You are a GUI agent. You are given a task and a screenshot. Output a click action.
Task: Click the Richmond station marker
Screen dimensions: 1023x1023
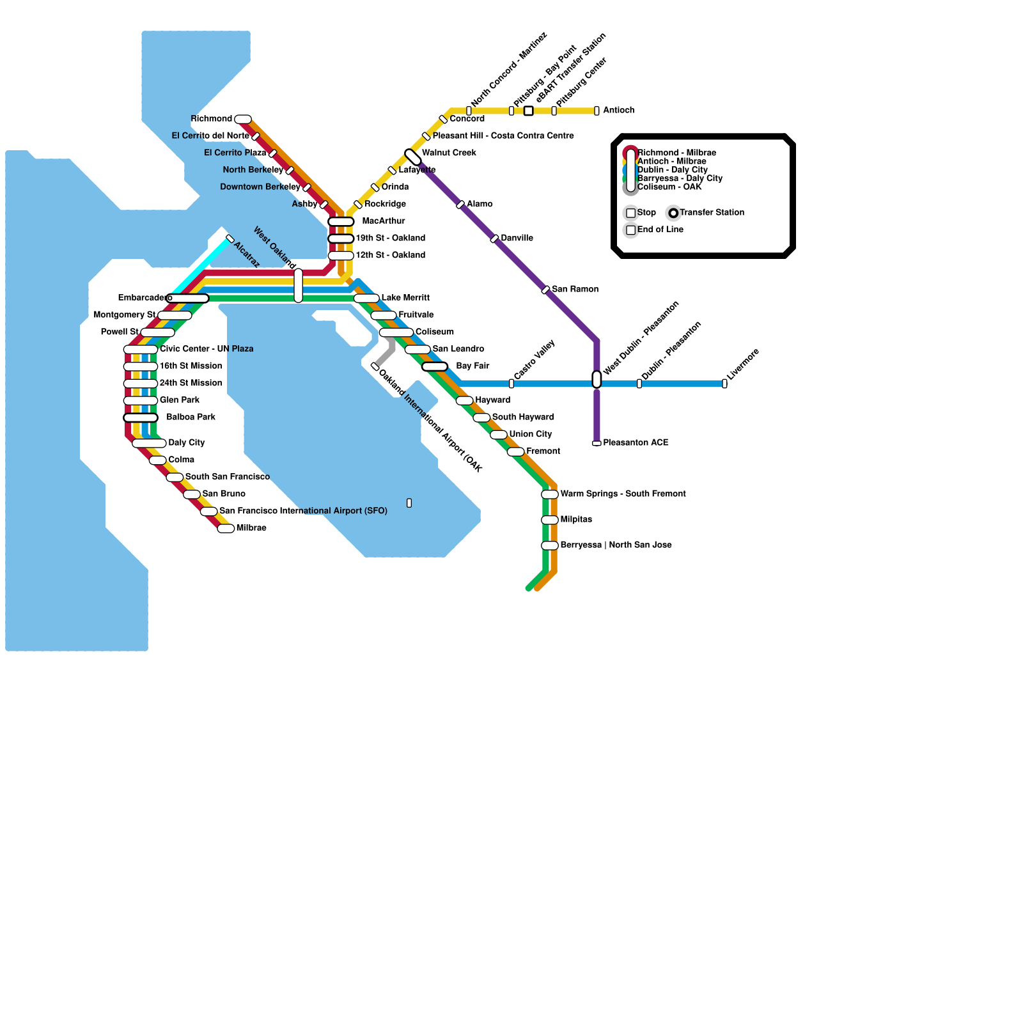point(243,120)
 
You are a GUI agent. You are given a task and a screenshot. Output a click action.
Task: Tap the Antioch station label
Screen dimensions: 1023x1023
point(619,110)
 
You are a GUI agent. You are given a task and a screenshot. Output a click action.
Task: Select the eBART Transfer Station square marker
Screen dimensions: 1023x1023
point(529,111)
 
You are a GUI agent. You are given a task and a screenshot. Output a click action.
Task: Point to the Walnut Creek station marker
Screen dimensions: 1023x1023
point(413,157)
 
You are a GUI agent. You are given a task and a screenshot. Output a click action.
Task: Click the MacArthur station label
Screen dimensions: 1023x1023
point(384,221)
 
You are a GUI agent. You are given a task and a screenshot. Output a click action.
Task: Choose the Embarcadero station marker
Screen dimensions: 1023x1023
point(187,299)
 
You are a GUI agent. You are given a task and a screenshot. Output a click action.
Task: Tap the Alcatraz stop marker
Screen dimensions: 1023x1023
point(230,239)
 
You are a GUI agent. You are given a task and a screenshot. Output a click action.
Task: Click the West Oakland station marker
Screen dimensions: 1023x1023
point(299,286)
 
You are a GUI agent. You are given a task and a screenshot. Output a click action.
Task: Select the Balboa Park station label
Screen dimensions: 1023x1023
point(191,417)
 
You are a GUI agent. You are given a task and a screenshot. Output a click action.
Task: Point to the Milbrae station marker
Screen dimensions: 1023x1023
point(226,529)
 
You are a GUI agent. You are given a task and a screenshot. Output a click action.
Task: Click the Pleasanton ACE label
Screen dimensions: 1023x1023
point(636,442)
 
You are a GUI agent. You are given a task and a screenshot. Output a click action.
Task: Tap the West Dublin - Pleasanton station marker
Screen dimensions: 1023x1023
point(597,380)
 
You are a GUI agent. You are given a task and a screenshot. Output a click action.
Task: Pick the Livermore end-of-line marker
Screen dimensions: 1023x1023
point(724,384)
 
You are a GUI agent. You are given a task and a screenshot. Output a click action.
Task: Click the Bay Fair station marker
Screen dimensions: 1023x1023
point(435,366)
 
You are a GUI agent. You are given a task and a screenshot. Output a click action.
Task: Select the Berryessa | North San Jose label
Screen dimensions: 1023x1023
point(616,545)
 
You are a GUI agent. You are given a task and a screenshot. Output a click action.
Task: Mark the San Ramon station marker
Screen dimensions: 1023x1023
point(545,290)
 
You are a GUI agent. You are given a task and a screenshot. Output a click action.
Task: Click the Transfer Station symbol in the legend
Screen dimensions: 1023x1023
point(673,213)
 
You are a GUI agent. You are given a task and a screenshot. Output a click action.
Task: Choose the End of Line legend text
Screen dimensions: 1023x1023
point(660,230)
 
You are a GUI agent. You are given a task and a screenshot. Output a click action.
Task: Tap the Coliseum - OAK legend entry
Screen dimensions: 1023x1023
point(669,187)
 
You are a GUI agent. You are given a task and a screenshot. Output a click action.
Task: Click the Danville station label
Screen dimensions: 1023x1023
point(517,238)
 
